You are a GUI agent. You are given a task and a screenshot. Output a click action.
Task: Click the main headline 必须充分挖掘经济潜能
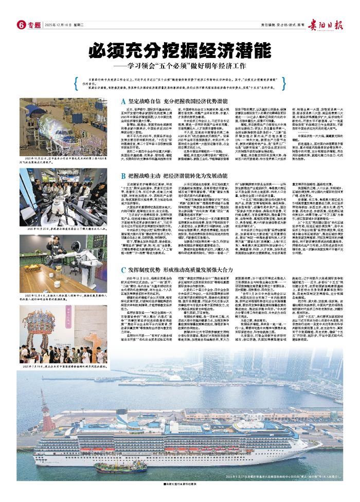pos(180,50)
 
